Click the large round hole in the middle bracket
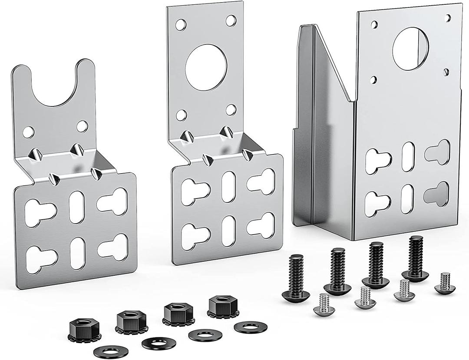tap(206, 67)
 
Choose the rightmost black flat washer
tap(250, 327)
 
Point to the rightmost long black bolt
tap(415, 258)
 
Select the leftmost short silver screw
tap(323, 304)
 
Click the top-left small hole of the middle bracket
tap(181, 24)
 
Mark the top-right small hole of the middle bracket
tap(231, 20)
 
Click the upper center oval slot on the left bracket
tap(77, 207)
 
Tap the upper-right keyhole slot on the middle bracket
tap(261, 181)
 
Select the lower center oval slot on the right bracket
tap(407, 199)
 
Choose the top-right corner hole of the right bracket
tap(448, 18)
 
